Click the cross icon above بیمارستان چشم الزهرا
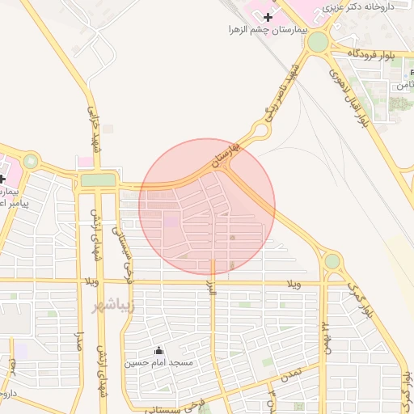click(x=268, y=17)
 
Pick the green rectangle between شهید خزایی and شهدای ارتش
click(x=98, y=180)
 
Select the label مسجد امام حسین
click(x=158, y=362)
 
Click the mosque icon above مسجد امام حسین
click(x=158, y=350)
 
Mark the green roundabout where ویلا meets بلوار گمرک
click(x=332, y=261)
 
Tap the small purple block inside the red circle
click(x=172, y=220)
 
